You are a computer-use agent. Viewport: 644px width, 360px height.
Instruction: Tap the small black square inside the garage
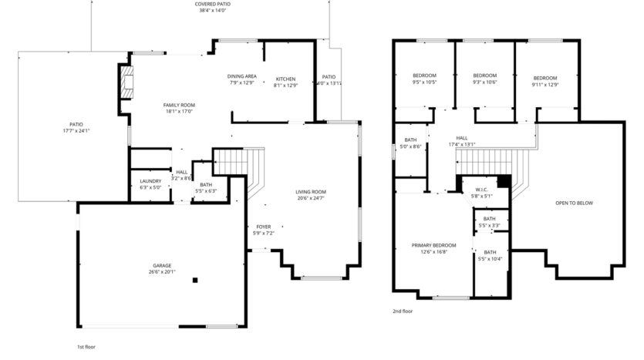pyautogui.click(x=195, y=280)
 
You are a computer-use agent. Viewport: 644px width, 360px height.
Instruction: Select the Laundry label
pyautogui.click(x=150, y=183)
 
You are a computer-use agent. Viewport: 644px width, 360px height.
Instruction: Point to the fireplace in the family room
pyautogui.click(x=124, y=82)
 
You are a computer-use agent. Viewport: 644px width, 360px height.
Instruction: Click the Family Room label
pyautogui.click(x=178, y=108)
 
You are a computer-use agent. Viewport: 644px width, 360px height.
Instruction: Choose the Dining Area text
pyautogui.click(x=241, y=79)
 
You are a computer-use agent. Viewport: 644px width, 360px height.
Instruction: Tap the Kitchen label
pyautogui.click(x=285, y=82)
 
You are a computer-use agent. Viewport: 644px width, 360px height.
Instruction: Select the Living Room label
pyautogui.click(x=311, y=195)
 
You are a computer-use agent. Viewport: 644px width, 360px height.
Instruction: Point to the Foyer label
pyautogui.click(x=263, y=230)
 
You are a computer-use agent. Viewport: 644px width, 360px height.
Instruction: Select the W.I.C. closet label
pyautogui.click(x=480, y=193)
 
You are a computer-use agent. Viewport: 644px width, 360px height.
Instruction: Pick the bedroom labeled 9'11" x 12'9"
pyautogui.click(x=545, y=81)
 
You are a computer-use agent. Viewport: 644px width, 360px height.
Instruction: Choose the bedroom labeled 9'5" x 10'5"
pyautogui.click(x=424, y=79)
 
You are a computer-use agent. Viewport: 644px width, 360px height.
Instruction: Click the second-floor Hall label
pyautogui.click(x=461, y=141)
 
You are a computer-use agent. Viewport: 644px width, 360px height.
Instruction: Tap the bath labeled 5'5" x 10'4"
pyautogui.click(x=490, y=255)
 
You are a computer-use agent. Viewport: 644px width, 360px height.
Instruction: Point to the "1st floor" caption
pyautogui.click(x=86, y=347)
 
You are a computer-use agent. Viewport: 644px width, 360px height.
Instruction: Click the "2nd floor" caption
pyautogui.click(x=403, y=312)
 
